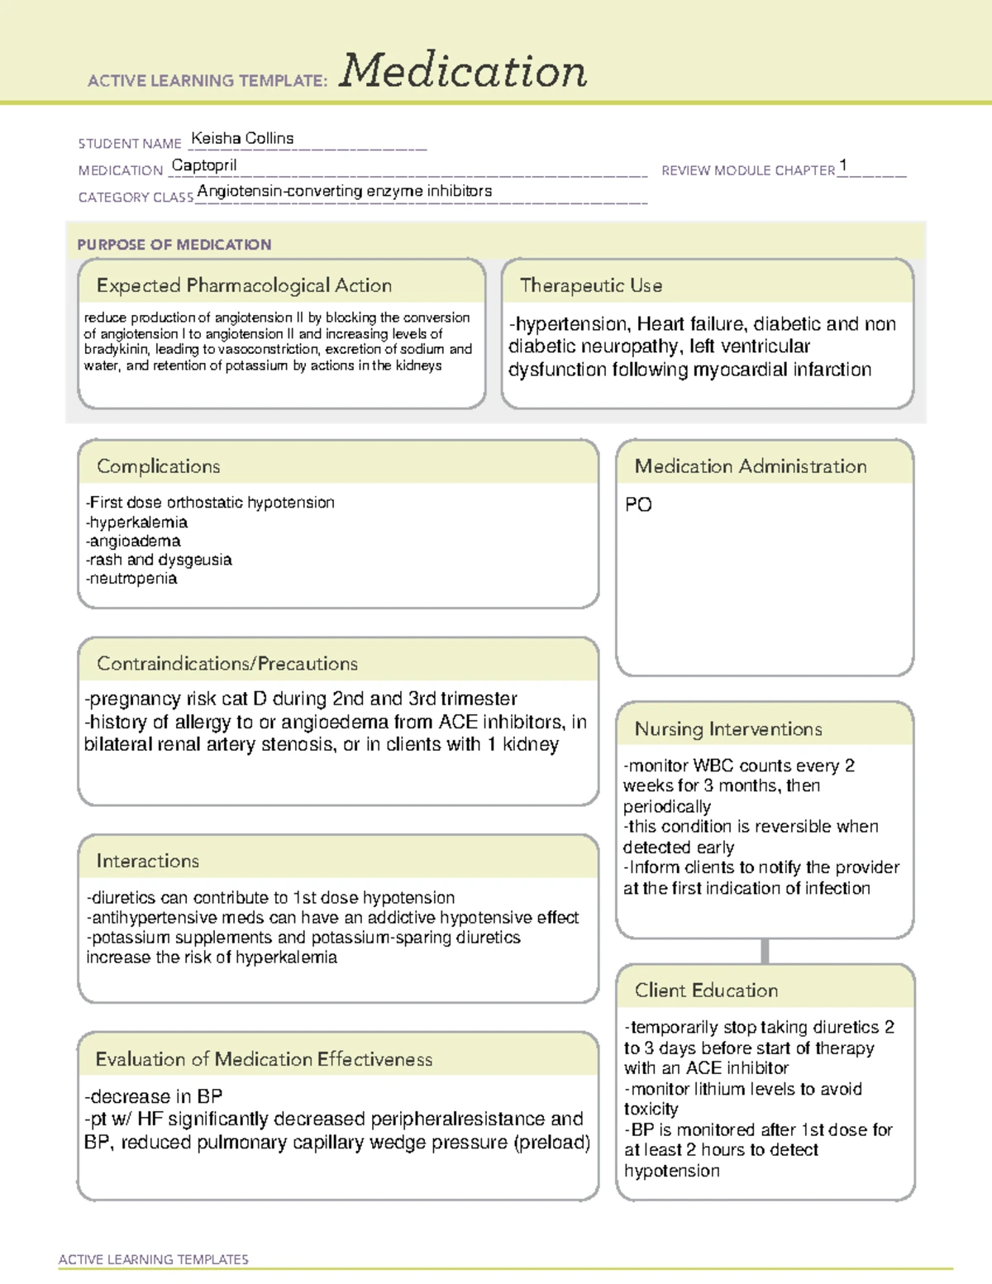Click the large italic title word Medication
click(x=463, y=71)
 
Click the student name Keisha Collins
click(x=242, y=139)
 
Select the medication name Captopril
click(x=204, y=165)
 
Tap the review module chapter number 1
click(x=842, y=165)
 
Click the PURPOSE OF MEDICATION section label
click(x=174, y=245)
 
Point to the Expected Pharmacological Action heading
click(x=244, y=286)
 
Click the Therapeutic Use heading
click(x=591, y=286)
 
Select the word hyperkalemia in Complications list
click(x=139, y=523)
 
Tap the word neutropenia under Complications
click(x=133, y=579)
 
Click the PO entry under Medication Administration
click(x=638, y=505)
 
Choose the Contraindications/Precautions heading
click(x=227, y=664)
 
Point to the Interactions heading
click(x=148, y=862)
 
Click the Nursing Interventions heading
click(x=728, y=729)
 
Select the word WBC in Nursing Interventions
click(x=713, y=766)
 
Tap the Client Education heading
click(x=707, y=990)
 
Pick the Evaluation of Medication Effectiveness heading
click(x=264, y=1060)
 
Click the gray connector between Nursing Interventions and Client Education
click(x=765, y=951)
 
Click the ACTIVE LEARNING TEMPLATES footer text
click(x=154, y=1259)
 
